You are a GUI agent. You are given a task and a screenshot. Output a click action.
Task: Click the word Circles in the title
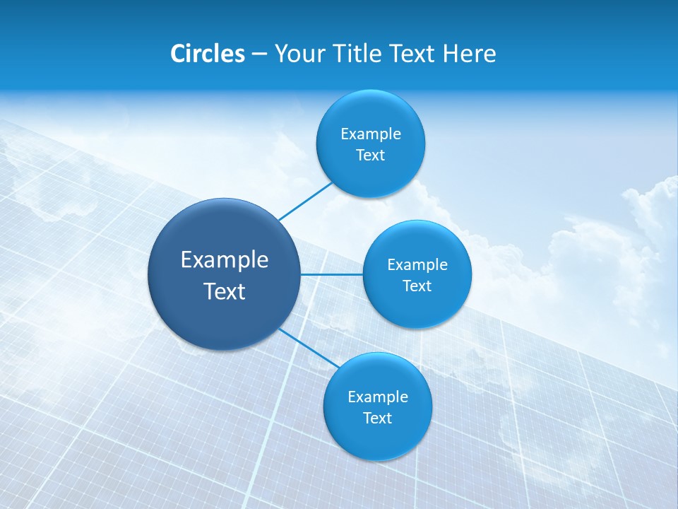pyautogui.click(x=207, y=54)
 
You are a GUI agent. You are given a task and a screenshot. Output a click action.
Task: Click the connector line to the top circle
pyautogui.click(x=306, y=201)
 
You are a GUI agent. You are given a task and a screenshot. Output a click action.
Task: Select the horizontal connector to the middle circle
pyautogui.click(x=332, y=274)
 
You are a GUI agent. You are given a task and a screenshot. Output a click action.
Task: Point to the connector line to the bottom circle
pyautogui.click(x=307, y=348)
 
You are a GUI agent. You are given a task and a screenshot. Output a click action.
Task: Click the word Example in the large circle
pyautogui.click(x=225, y=260)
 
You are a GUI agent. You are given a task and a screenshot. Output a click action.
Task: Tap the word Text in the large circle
pyautogui.click(x=225, y=291)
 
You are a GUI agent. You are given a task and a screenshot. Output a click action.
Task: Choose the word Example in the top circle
pyautogui.click(x=371, y=134)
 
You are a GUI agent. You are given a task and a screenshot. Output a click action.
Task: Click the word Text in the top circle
pyautogui.click(x=370, y=156)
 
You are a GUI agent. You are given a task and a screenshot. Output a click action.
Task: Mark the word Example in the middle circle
pyautogui.click(x=417, y=265)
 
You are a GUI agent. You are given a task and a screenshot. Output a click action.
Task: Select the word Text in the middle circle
pyautogui.click(x=417, y=286)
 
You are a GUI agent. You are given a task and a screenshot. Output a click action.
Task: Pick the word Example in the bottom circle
pyautogui.click(x=378, y=397)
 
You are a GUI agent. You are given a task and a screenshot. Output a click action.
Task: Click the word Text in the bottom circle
pyautogui.click(x=377, y=419)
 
